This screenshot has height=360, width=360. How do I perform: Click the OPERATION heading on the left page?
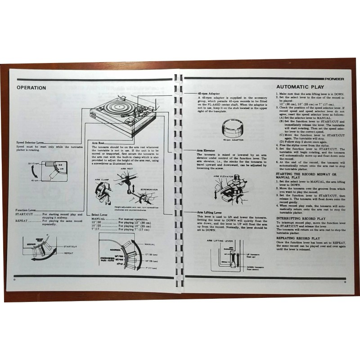[31, 88]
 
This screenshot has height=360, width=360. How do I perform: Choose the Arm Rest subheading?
[98, 142]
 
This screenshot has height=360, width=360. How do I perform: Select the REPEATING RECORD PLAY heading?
[297, 238]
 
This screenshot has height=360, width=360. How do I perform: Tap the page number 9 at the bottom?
[344, 282]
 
